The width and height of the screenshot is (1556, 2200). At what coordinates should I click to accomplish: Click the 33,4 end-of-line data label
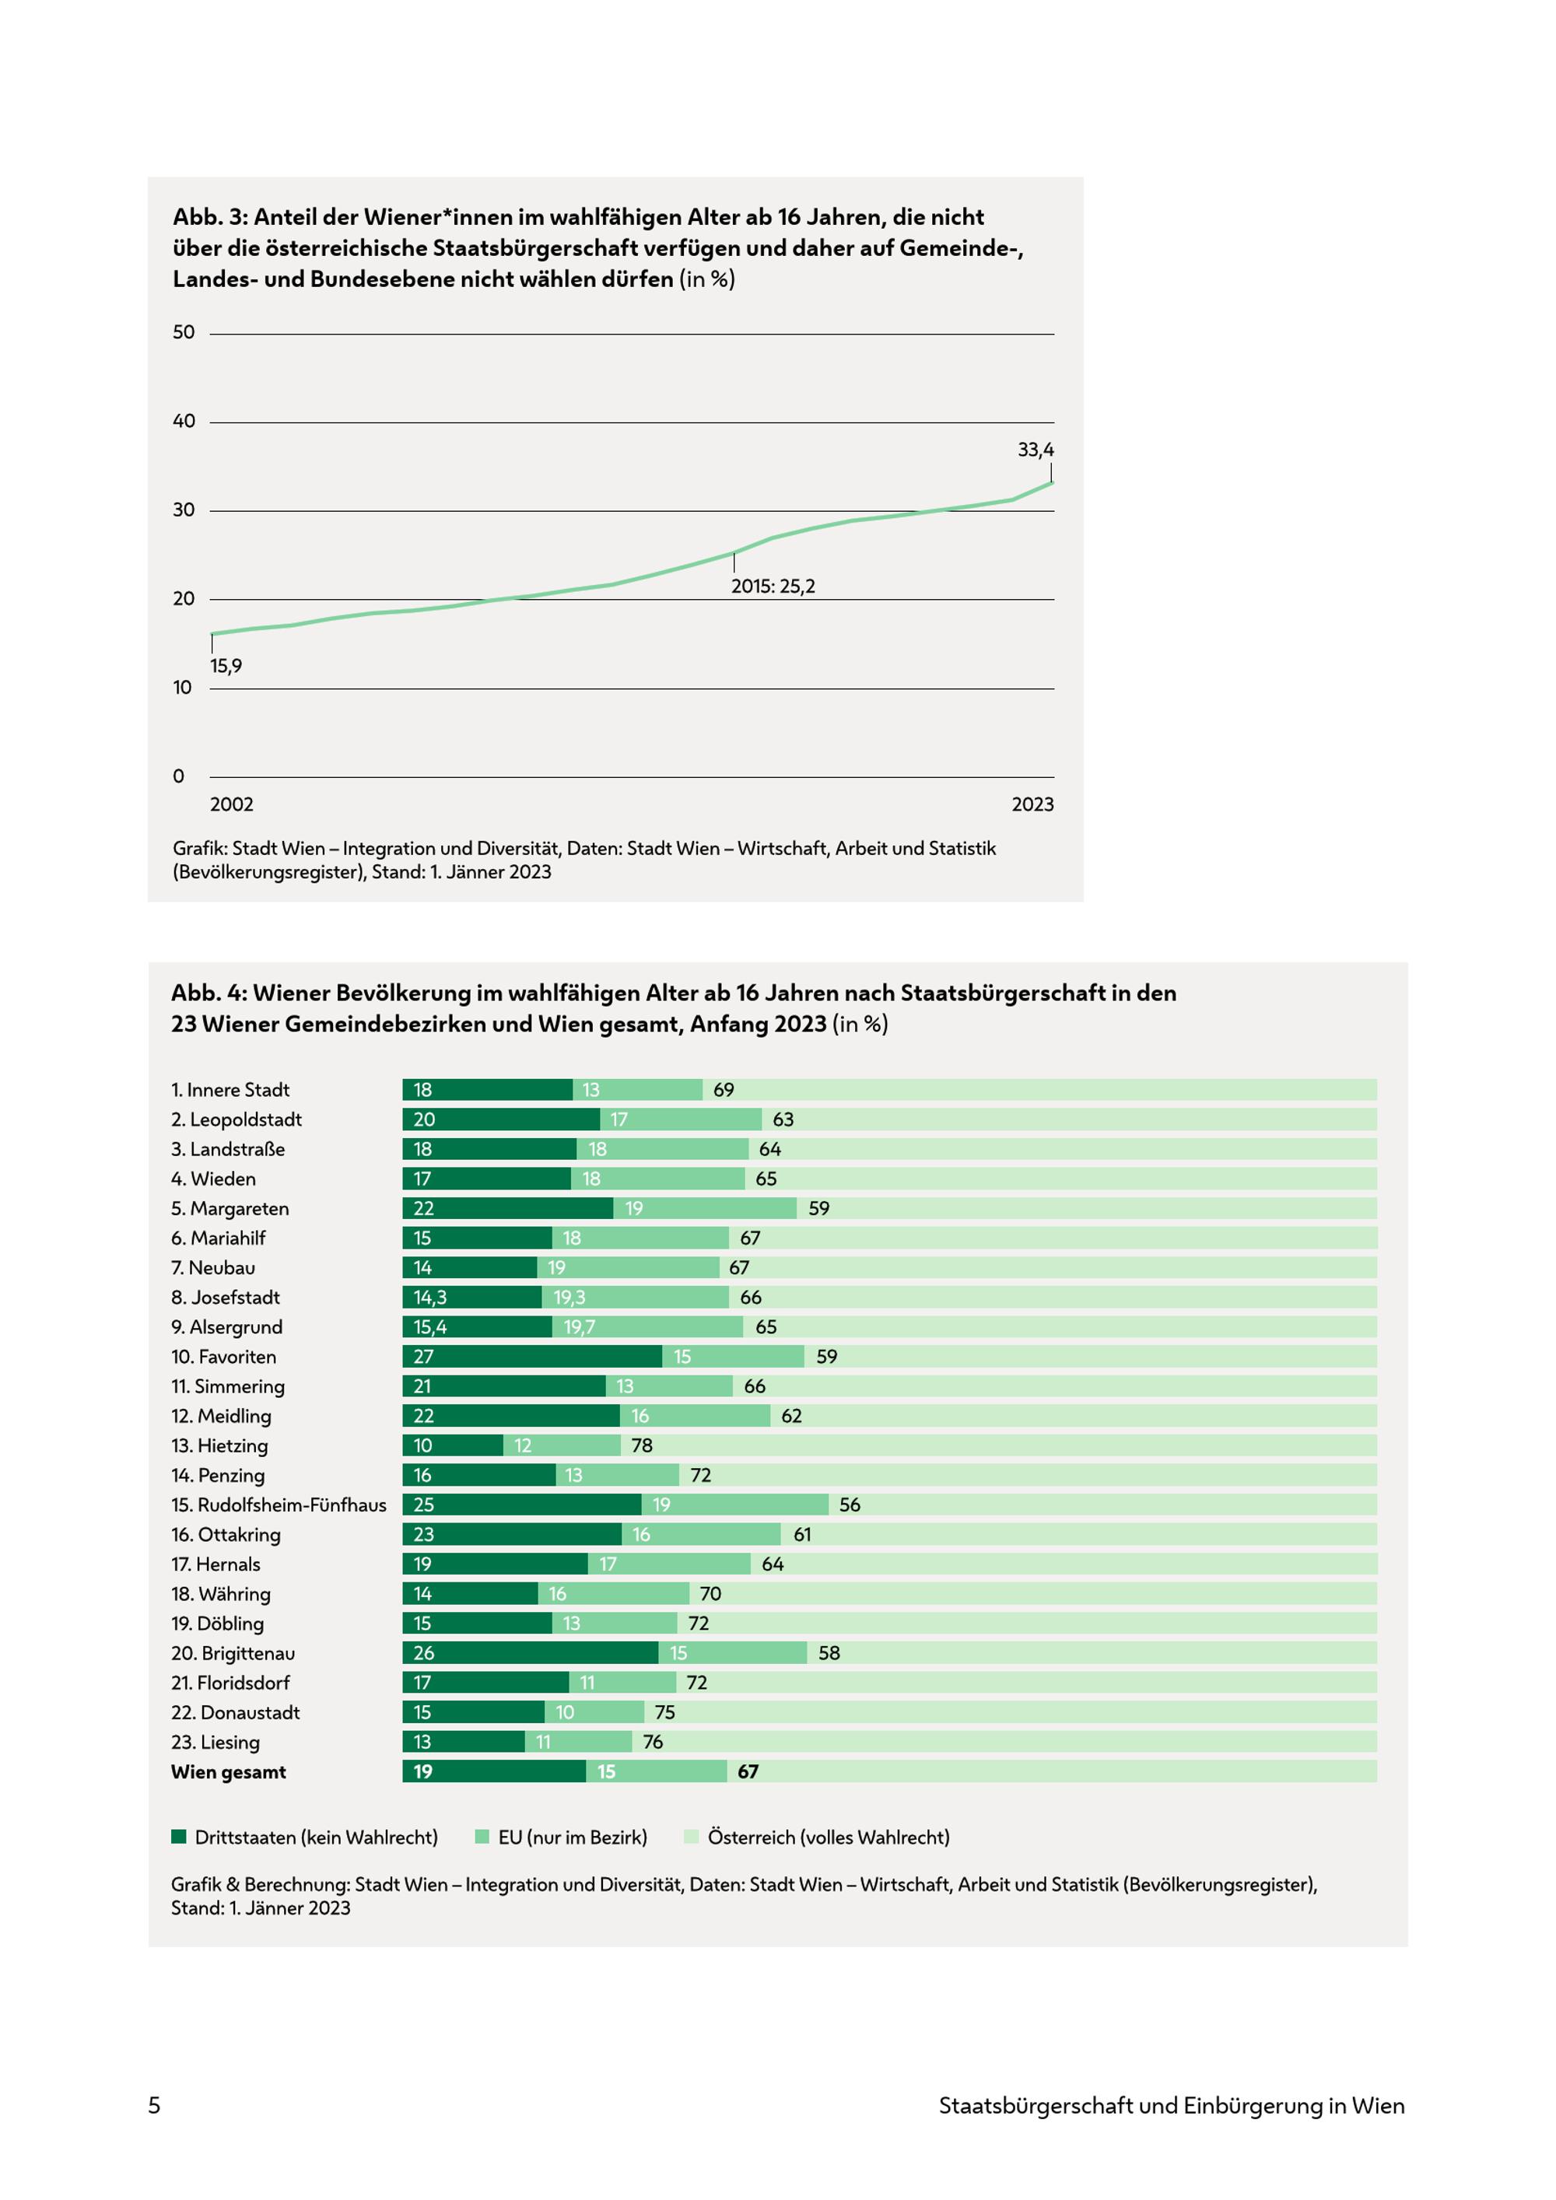(x=1035, y=450)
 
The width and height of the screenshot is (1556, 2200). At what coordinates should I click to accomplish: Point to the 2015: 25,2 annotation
(x=773, y=587)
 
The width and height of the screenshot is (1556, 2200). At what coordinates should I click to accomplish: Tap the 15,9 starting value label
(x=226, y=666)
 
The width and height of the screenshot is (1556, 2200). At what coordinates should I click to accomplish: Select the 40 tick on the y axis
(x=183, y=421)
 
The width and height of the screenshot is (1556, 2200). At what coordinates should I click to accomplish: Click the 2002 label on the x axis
(x=232, y=804)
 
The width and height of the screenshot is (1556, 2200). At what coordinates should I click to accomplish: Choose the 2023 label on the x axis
(x=1033, y=804)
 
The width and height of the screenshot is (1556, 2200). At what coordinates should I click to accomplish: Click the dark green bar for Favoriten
(x=531, y=1356)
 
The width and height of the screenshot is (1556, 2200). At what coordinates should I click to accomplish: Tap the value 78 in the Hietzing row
(x=642, y=1445)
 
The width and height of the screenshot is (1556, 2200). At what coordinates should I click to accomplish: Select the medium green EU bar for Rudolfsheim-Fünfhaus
(x=735, y=1505)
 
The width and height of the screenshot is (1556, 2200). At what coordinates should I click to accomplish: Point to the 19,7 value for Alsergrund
(x=579, y=1327)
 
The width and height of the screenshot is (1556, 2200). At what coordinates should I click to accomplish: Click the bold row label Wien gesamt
(x=229, y=1771)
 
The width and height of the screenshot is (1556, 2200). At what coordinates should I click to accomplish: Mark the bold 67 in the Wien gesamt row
(x=748, y=1771)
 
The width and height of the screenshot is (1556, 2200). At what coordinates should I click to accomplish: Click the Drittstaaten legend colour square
(x=178, y=1837)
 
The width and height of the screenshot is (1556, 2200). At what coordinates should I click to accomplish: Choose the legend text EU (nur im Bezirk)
(x=573, y=1837)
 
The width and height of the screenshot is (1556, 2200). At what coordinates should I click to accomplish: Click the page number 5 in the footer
(x=154, y=2105)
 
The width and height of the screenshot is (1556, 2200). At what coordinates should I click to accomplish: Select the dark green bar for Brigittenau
(x=530, y=1653)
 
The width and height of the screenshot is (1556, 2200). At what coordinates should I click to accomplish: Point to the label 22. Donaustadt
(x=236, y=1712)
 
